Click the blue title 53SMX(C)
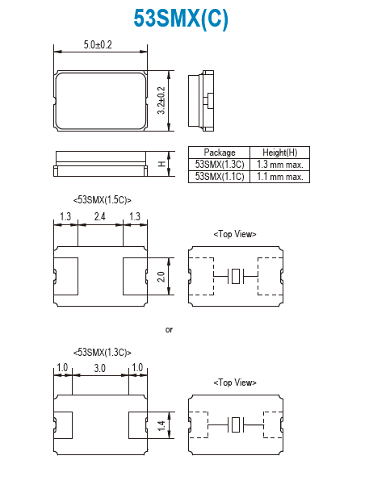tap(181, 19)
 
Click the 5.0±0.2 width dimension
tap(98, 45)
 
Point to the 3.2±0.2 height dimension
tap(161, 101)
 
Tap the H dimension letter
tap(162, 164)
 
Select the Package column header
tap(220, 153)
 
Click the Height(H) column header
tap(280, 153)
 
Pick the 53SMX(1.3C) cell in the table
tap(220, 165)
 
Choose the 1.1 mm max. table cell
tap(280, 177)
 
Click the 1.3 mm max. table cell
tap(280, 165)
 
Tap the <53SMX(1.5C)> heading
tap(103, 200)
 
